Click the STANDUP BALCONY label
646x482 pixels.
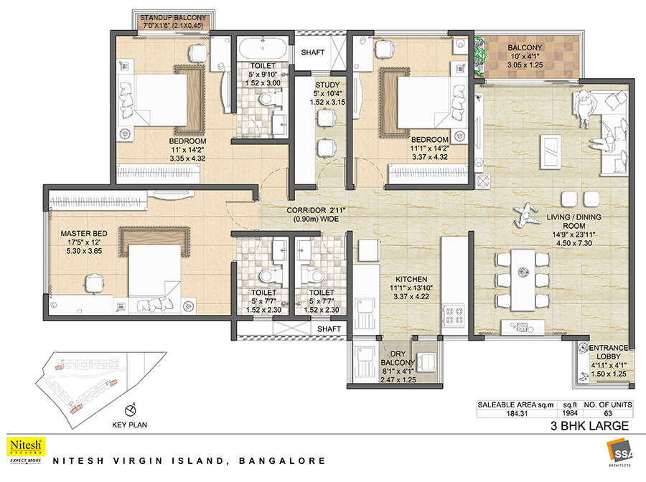172,18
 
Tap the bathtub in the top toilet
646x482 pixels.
263,49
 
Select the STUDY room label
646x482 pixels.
327,85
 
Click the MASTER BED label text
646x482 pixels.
84,233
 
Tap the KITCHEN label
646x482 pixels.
411,279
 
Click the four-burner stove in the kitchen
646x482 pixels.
453,315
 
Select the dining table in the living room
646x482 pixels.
523,280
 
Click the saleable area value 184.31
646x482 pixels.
517,413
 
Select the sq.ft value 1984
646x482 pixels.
570,413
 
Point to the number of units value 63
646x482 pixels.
608,413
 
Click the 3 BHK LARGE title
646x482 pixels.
589,425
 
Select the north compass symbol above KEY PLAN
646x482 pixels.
130,410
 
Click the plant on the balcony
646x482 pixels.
479,57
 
